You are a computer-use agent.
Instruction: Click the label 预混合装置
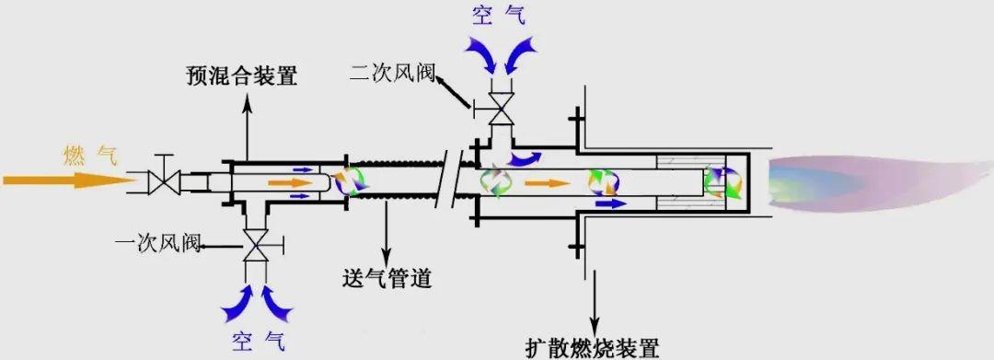(242, 76)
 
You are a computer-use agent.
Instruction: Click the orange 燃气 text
(90, 154)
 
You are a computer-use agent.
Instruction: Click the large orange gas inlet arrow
(64, 180)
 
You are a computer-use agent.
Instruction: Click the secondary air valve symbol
(501, 109)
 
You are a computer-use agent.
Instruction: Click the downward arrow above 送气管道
(387, 230)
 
